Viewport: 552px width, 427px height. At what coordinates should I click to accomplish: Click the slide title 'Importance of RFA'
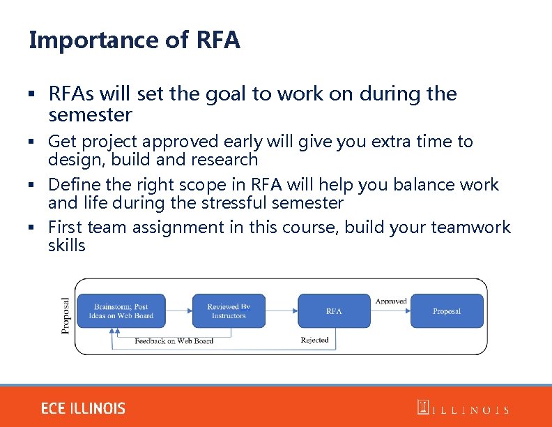pos(135,40)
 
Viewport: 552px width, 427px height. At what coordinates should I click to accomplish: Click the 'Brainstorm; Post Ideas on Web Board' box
pos(121,311)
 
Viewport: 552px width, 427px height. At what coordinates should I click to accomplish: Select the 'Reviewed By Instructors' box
pos(229,311)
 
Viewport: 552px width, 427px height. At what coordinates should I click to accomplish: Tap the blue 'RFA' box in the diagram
pos(334,311)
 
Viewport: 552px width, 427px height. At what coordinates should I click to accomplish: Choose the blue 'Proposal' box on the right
pos(446,311)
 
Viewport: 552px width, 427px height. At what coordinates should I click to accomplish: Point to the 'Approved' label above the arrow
pos(391,301)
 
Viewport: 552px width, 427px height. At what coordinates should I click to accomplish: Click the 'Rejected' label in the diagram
pos(314,340)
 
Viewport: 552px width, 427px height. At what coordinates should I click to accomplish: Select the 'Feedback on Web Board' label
pos(174,341)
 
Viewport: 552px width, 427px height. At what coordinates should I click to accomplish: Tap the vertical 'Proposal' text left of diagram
pos(66,315)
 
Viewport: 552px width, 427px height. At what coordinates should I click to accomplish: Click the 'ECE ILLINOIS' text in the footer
pos(83,408)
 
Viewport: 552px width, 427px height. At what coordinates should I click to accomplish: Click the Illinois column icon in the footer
pos(422,407)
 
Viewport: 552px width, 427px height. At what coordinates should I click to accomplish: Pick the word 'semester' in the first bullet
pos(90,114)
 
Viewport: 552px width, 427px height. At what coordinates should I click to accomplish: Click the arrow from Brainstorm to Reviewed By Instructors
pos(180,311)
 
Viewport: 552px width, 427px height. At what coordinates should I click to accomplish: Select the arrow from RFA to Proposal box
pos(390,311)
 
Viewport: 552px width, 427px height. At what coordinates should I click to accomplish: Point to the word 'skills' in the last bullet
pos(67,246)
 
